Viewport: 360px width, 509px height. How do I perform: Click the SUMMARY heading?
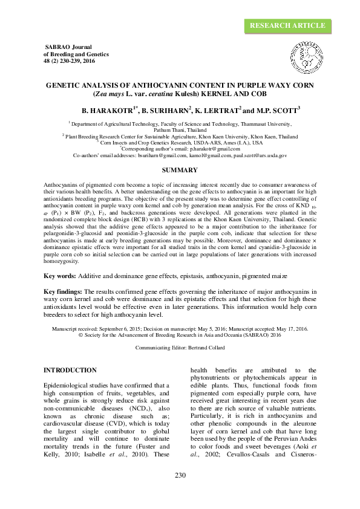point(180,170)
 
